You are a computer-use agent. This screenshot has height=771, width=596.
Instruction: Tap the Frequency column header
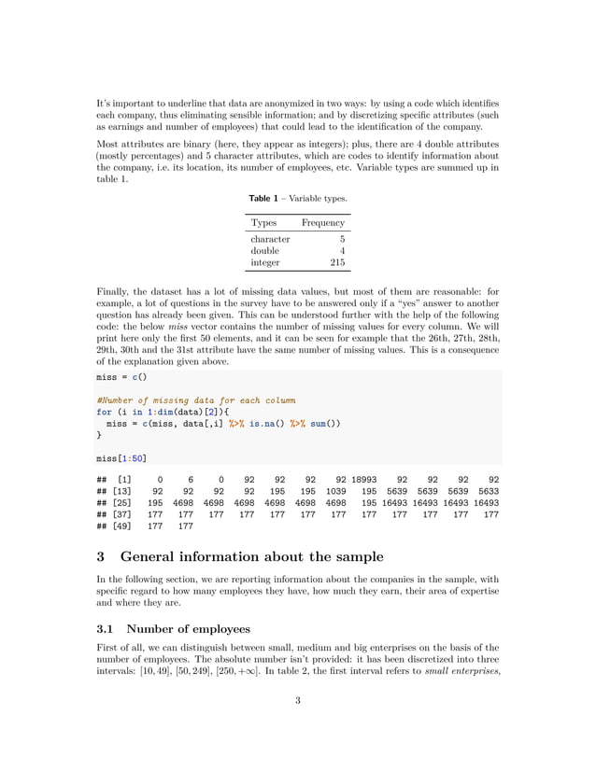pos(323,223)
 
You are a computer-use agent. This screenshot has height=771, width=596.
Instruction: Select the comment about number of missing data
pos(192,399)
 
